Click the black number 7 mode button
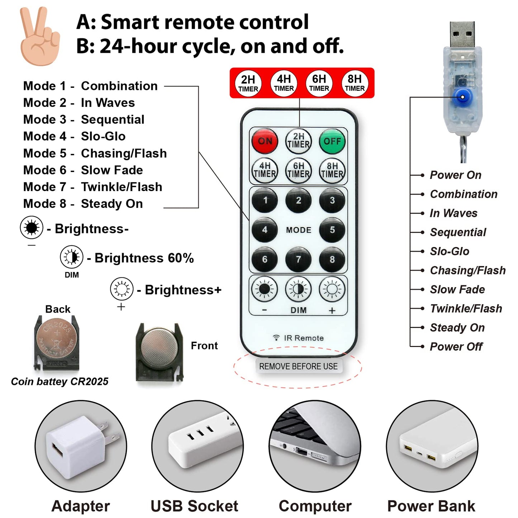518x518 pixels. [298, 260]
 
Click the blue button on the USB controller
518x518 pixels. [462, 97]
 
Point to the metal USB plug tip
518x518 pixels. [462, 34]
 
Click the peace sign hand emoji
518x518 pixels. [40, 36]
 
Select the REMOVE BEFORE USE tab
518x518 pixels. [298, 366]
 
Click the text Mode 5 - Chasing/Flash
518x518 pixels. [95, 153]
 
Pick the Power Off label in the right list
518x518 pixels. [456, 347]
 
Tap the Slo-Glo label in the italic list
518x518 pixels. [450, 251]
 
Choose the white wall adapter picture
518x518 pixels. [81, 447]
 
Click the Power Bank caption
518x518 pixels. [431, 506]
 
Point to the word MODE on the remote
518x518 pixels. [298, 230]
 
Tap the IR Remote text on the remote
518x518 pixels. [298, 338]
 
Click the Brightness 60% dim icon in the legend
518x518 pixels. [71, 257]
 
